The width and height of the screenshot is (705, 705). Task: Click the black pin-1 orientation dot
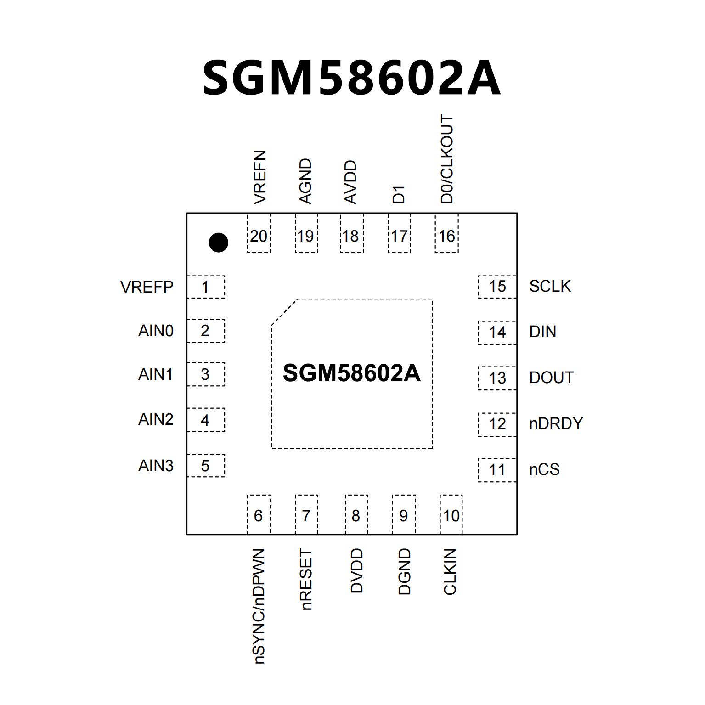click(218, 243)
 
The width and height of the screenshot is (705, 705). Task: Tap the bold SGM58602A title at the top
click(351, 78)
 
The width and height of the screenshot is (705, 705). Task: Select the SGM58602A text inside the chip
click(351, 372)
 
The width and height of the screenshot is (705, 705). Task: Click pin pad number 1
click(205, 287)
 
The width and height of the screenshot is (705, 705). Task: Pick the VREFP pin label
click(147, 287)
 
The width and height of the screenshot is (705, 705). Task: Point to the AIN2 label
click(156, 419)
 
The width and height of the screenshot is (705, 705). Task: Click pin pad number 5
click(205, 466)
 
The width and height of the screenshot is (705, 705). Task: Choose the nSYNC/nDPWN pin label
click(259, 606)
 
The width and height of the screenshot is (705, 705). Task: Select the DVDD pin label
click(356, 570)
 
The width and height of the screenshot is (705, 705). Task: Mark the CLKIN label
click(450, 571)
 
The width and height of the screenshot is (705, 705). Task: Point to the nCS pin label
click(544, 469)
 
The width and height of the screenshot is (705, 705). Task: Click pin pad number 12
click(497, 424)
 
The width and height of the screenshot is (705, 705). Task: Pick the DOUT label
click(551, 378)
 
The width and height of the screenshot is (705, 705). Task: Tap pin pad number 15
click(497, 287)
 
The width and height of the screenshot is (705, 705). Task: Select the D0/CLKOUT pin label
click(447, 159)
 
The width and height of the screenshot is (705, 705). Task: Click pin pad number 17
click(399, 236)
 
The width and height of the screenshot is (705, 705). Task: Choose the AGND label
click(305, 181)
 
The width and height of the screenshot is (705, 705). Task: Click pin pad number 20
click(259, 236)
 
